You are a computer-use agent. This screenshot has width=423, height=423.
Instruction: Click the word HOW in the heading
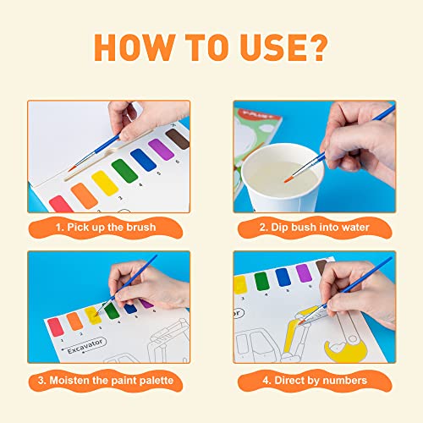(132, 50)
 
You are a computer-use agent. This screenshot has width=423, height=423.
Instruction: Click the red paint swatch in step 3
(55, 327)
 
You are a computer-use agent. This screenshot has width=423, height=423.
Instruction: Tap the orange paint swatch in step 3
(74, 321)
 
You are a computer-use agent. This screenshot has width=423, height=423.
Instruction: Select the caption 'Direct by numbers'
(317, 382)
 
